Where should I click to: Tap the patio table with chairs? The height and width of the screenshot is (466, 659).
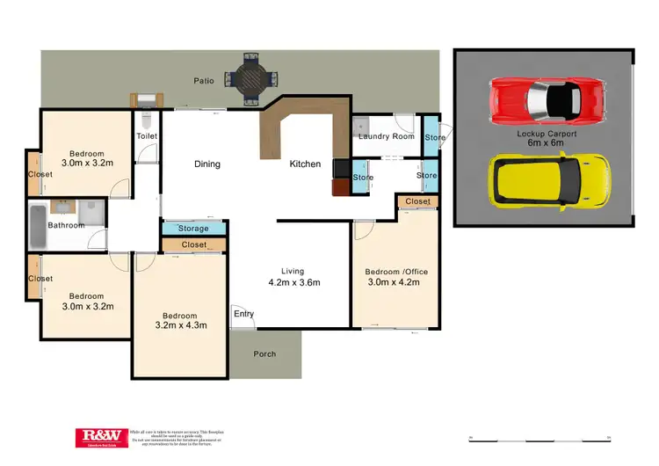(x=249, y=79)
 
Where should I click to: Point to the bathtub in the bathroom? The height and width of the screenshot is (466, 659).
(x=36, y=224)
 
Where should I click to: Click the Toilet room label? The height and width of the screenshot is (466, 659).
(x=146, y=136)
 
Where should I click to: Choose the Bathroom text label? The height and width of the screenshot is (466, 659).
(x=66, y=225)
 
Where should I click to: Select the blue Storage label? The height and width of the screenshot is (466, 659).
(x=193, y=229)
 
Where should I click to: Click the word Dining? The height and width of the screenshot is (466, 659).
(x=206, y=164)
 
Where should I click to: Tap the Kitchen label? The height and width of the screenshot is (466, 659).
(x=306, y=164)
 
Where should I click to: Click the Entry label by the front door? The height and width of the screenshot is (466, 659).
(x=243, y=314)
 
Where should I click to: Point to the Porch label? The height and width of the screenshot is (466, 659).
(x=264, y=354)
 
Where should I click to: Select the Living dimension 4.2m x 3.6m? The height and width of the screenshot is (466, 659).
(x=293, y=283)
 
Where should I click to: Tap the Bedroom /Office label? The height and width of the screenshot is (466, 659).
(x=393, y=272)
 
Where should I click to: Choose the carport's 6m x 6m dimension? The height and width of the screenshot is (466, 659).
(x=547, y=144)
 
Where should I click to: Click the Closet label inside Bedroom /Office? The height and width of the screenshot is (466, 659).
(x=418, y=201)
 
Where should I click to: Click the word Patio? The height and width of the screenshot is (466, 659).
(x=204, y=81)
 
